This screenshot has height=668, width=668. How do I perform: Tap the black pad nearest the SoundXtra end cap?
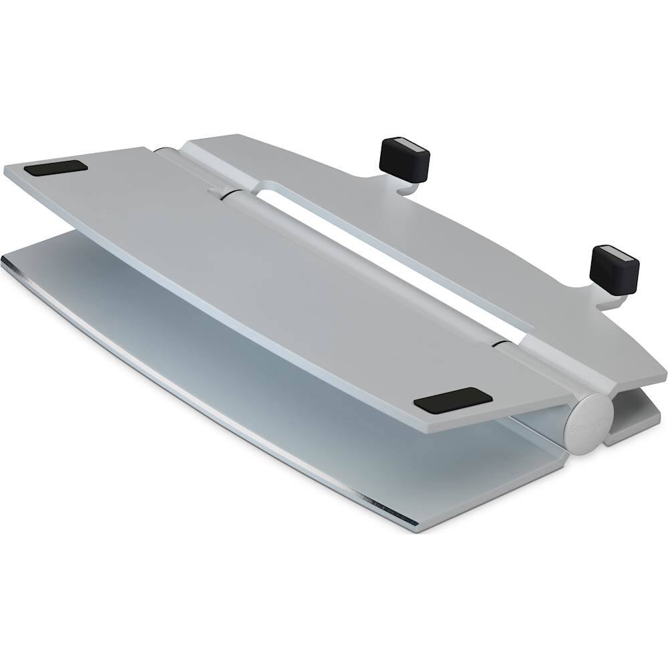452,399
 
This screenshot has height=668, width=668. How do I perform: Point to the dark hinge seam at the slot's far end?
220,194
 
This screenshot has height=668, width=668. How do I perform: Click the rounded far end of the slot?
267,191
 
